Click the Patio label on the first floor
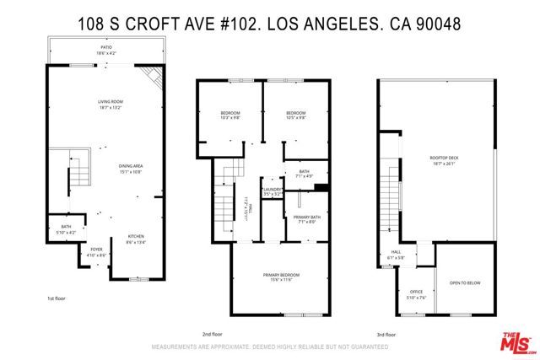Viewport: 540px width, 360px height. [x=106, y=51]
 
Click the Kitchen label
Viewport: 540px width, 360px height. [x=136, y=239]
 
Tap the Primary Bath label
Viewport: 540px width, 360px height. [x=305, y=219]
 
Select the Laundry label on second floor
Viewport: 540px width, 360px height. [x=272, y=191]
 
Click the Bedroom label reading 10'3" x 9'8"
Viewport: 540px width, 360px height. [x=230, y=116]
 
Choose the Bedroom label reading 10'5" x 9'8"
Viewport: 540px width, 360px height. [x=294, y=116]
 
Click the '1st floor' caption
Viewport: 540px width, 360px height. [x=57, y=298]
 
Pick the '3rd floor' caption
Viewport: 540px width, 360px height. [x=412, y=334]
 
